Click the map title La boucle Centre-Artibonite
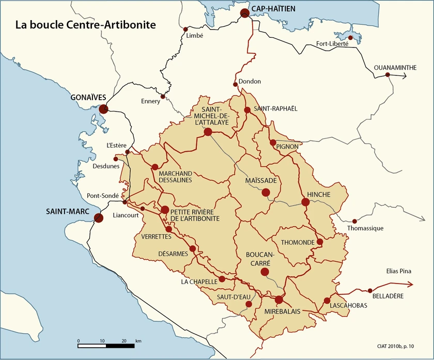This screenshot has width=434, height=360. coord(85,24)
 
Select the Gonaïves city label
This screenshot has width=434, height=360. coord(88,98)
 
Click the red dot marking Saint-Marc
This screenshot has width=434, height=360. coord(98,218)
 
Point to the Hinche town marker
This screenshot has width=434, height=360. coord(305,202)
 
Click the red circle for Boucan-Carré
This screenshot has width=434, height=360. coord(265,272)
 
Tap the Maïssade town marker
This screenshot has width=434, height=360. coord(266,192)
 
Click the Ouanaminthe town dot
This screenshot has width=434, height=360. coord(388,75)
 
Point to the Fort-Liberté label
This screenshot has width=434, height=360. coord(332,44)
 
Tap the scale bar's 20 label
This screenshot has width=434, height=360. coord(124,341)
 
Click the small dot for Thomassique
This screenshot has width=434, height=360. coord(354,221)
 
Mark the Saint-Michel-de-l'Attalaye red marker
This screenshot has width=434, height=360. coord(208,132)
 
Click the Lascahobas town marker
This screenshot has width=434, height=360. coord(327,301)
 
